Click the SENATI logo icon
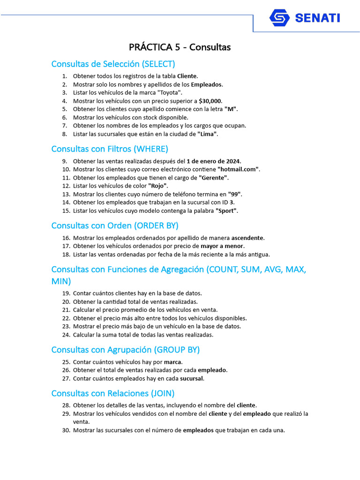[279, 18]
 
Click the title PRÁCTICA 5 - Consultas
[180, 47]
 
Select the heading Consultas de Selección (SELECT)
[113, 64]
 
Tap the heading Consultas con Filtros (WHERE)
[110, 149]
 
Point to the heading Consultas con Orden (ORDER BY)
[115, 225]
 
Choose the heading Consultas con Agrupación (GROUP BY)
[126, 350]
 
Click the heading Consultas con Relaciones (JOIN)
[113, 393]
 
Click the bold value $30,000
[210, 101]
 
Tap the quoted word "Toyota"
[168, 92]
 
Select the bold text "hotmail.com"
[238, 169]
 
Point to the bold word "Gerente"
[214, 178]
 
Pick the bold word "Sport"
[226, 211]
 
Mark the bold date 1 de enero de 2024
[213, 161]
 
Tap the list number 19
[66, 293]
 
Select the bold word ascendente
[247, 238]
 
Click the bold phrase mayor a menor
[222, 246]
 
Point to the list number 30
[66, 430]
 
